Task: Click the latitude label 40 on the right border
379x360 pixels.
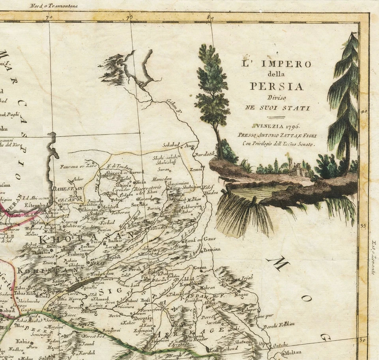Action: [x=364, y=111]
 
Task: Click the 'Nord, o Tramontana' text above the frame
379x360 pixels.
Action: [x=54, y=6]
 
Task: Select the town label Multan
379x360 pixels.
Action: [x=293, y=352]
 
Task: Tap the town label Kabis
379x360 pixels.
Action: [x=23, y=340]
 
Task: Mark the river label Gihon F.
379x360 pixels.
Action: [x=174, y=102]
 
